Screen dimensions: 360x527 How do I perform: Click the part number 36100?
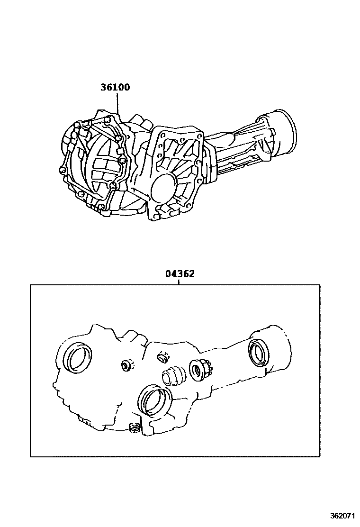pyautogui.click(x=115, y=87)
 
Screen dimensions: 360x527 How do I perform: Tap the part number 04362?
pyautogui.click(x=180, y=274)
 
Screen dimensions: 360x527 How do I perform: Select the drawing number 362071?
pyautogui.click(x=343, y=516)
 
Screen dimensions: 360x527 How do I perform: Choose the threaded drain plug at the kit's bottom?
pyautogui.click(x=134, y=427)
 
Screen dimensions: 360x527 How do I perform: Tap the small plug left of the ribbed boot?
pyautogui.click(x=127, y=364)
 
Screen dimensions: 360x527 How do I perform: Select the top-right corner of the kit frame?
pyautogui.click(x=320, y=285)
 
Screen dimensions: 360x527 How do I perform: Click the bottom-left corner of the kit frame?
pyautogui.click(x=31, y=457)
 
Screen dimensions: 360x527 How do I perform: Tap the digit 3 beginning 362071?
pyautogui.click(x=333, y=516)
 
